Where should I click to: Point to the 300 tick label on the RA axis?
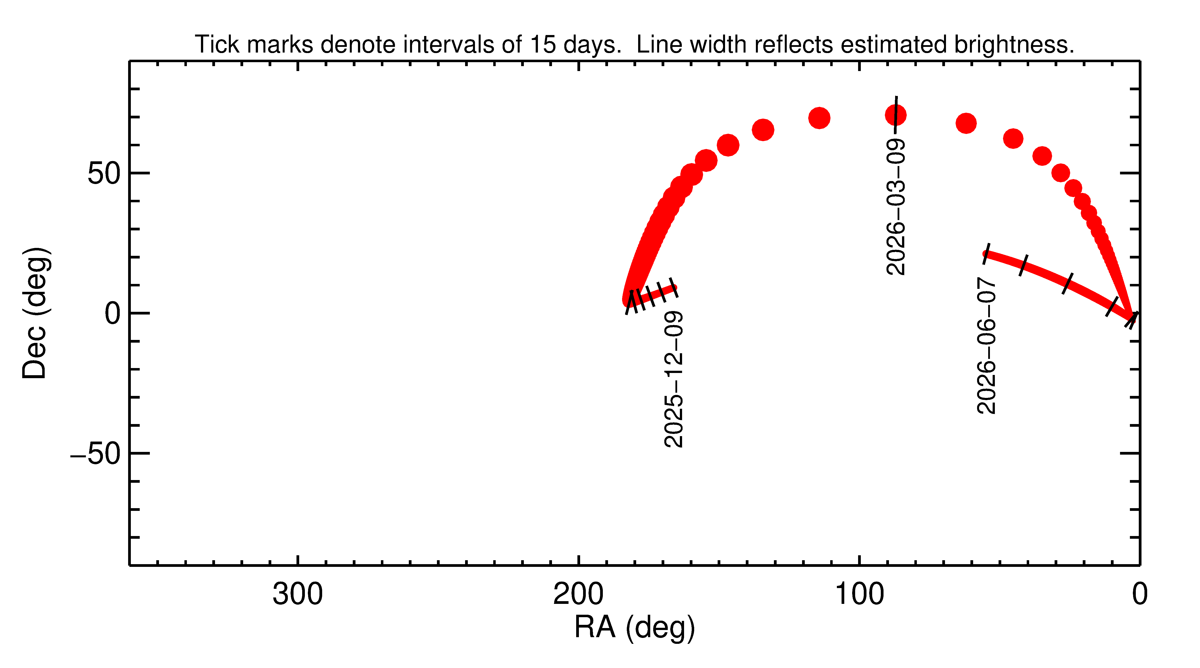(x=298, y=594)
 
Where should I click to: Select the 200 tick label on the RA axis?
(x=578, y=594)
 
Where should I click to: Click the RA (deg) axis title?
(x=634, y=628)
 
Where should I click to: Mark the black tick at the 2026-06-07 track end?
(x=986, y=254)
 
